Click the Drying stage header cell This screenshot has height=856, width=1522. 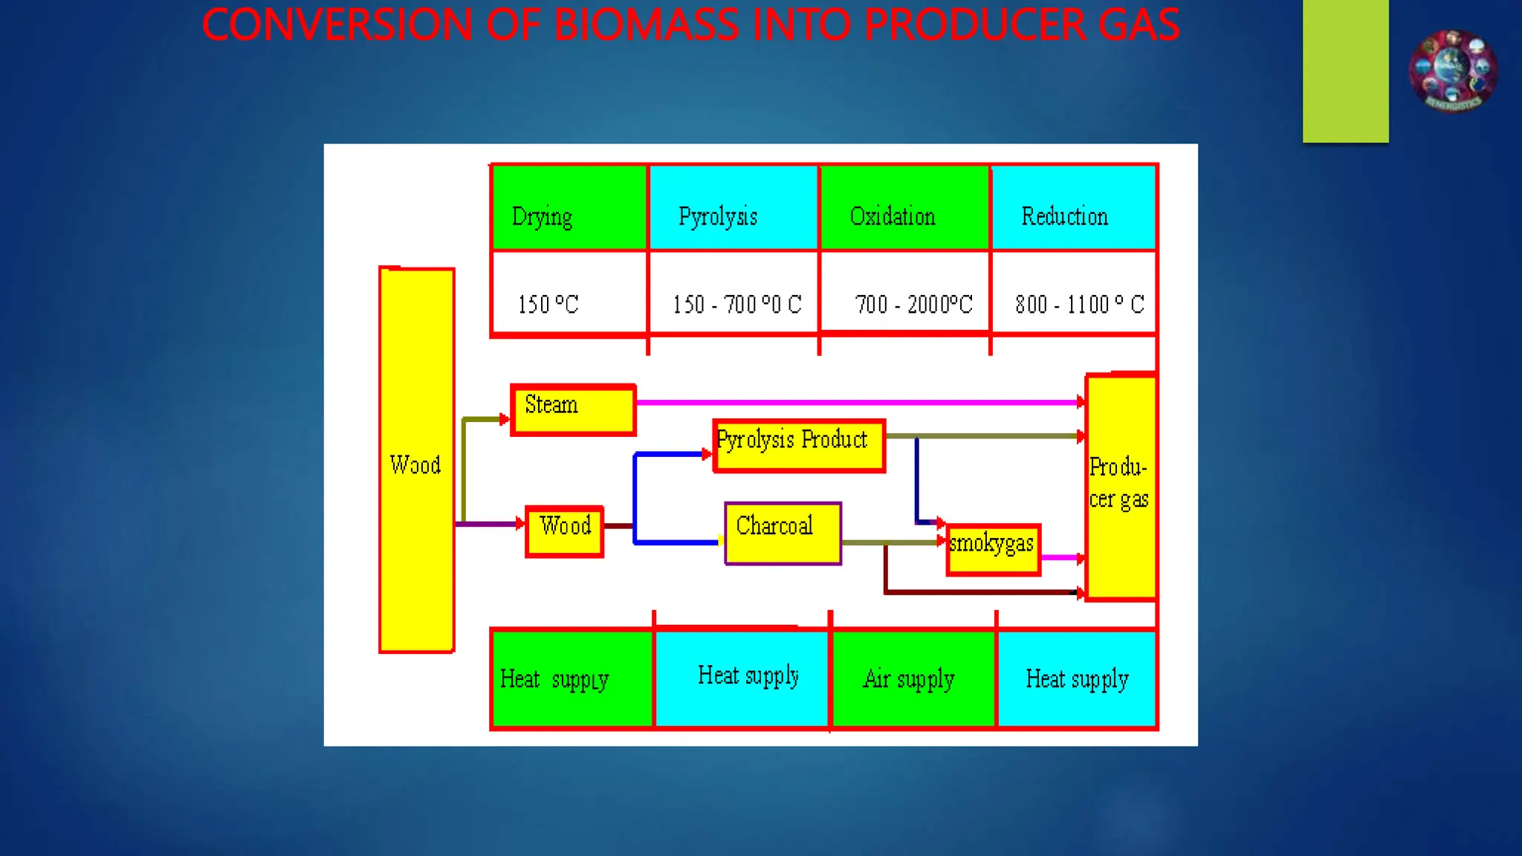point(569,208)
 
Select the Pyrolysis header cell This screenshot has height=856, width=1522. point(733,208)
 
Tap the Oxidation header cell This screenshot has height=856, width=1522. point(904,208)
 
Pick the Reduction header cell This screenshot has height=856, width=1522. point(1073,208)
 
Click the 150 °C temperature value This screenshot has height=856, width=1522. point(548,304)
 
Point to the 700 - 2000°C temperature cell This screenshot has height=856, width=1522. point(913,304)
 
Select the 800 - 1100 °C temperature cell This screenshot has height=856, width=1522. point(1079,304)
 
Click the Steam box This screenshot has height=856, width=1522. point(573,409)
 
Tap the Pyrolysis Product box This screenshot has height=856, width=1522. point(799,445)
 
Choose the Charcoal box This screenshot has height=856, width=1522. point(783,533)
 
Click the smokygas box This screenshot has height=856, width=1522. point(993,549)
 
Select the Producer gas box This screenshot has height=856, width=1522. point(1121,487)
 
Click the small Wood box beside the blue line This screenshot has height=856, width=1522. point(564,531)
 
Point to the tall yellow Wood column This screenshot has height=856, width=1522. point(416,461)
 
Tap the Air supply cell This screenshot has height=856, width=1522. point(913,678)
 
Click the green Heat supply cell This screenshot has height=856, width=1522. point(571,678)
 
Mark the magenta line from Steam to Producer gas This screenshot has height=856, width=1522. point(855,402)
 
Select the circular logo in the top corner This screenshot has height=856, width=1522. point(1453,71)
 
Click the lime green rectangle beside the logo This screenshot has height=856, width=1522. point(1345,71)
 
